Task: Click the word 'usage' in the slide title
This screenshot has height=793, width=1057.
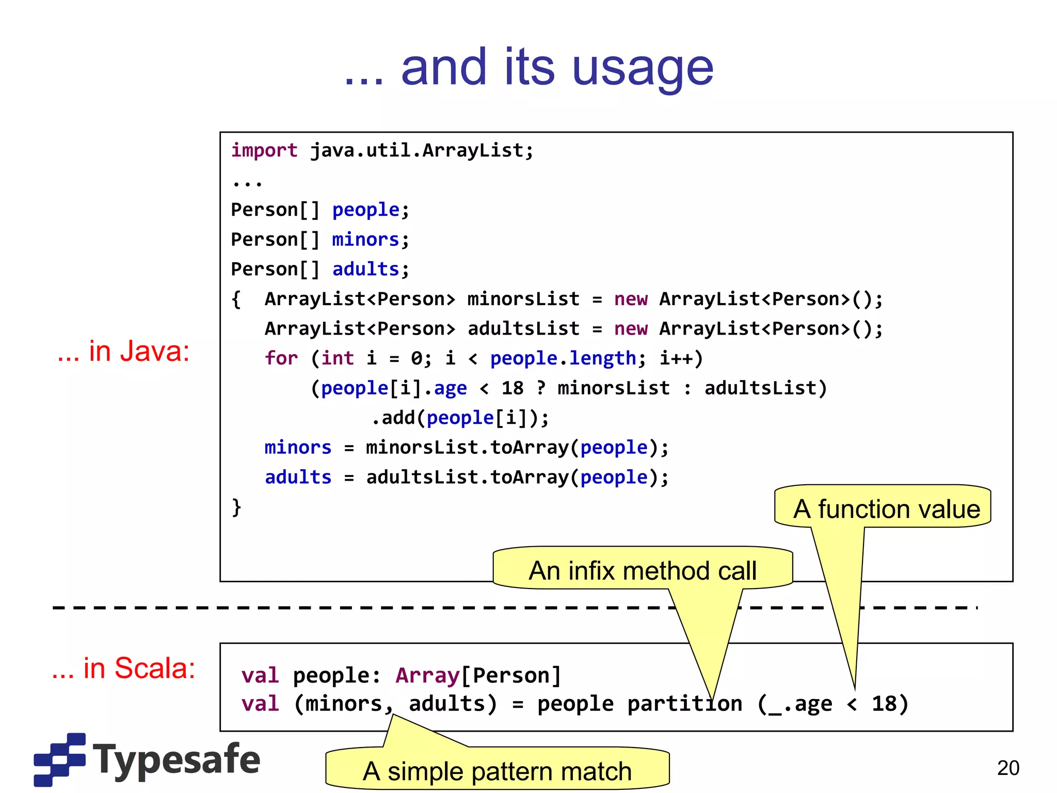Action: [643, 69]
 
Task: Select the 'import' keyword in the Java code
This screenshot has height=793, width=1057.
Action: [264, 150]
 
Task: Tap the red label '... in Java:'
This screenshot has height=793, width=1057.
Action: [123, 351]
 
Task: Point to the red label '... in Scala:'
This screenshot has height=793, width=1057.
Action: [123, 668]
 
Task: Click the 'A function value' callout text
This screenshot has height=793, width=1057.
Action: [886, 509]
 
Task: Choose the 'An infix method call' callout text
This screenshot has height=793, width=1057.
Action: [643, 571]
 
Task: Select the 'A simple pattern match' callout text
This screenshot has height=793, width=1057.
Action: [497, 771]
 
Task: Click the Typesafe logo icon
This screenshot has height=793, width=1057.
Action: [59, 759]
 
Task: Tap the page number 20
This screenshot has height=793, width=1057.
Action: [1008, 768]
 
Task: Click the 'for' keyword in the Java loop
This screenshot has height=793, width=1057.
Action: [281, 358]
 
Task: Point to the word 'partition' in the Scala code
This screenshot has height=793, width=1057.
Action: [684, 704]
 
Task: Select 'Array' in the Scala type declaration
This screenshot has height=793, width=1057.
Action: [427, 675]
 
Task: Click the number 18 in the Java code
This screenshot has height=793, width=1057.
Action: [512, 388]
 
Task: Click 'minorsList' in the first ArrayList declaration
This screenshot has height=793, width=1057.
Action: [523, 299]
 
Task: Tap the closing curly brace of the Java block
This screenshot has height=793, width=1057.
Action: [236, 507]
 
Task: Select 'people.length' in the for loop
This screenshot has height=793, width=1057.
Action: [563, 358]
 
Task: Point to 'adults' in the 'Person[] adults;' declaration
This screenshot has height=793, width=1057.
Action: [365, 269]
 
